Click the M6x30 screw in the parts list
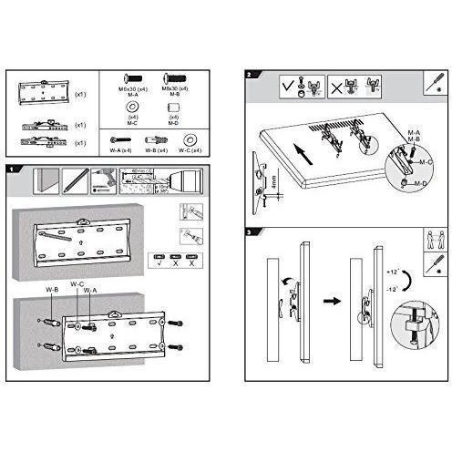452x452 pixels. (134, 81)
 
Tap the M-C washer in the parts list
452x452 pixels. (134, 107)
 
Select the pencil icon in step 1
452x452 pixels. (72, 180)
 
